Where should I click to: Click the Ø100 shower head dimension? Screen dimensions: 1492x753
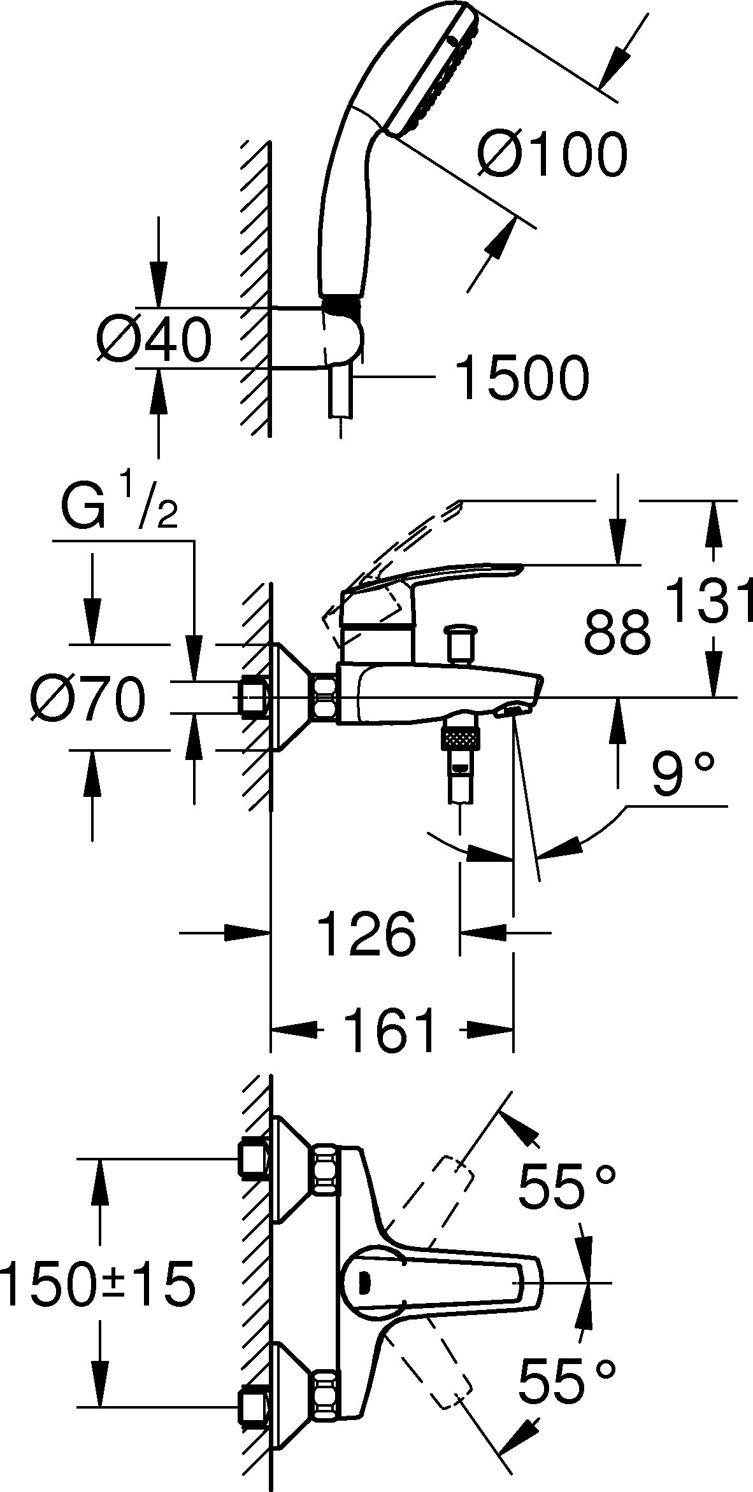pos(552,155)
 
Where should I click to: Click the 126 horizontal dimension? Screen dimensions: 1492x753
pos(366,934)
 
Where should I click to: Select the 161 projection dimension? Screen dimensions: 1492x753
pos(392,1029)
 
